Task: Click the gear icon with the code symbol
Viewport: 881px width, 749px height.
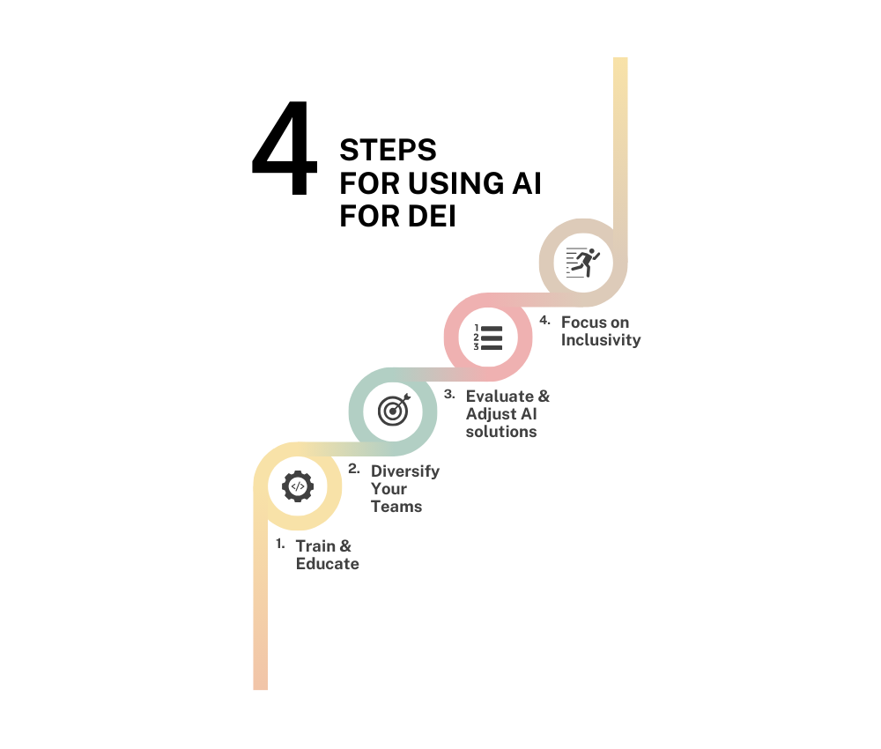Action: [x=298, y=486]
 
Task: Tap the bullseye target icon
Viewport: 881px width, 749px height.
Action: [x=394, y=410]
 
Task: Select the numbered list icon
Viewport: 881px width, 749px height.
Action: [x=488, y=337]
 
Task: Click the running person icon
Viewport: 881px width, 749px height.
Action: [x=583, y=262]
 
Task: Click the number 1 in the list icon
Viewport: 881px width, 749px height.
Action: [x=477, y=328]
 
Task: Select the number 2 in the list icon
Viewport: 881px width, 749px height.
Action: [x=477, y=337]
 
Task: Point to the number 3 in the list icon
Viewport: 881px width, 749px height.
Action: [x=477, y=346]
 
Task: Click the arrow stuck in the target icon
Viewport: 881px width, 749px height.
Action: [x=401, y=403]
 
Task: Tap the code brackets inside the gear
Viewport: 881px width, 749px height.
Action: [x=298, y=486]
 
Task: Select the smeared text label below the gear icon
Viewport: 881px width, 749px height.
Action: [x=319, y=554]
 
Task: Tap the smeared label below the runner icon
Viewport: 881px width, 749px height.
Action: [x=589, y=332]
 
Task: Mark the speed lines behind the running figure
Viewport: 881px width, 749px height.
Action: [x=573, y=263]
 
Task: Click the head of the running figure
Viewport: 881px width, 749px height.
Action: [x=596, y=250]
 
